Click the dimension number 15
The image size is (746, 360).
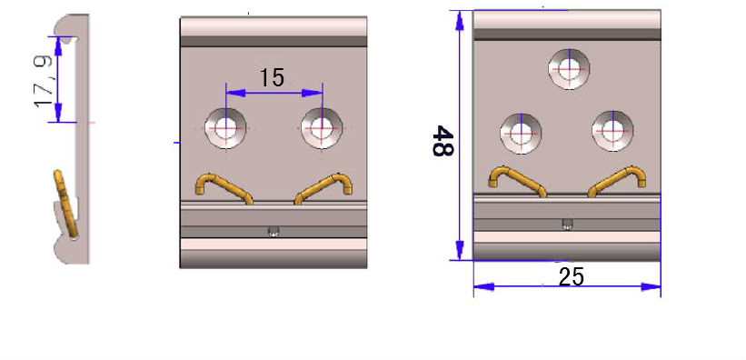pyautogui.click(x=272, y=77)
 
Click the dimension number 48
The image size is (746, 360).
pyautogui.click(x=443, y=141)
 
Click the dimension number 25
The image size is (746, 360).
pyautogui.click(x=572, y=277)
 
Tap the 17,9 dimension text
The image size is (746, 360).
pyautogui.click(x=44, y=82)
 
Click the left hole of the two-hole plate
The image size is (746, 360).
pyautogui.click(x=225, y=128)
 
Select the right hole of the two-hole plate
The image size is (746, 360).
pyautogui.click(x=322, y=128)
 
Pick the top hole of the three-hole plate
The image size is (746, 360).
pyautogui.click(x=569, y=69)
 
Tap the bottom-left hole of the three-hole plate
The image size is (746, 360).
pyautogui.click(x=521, y=134)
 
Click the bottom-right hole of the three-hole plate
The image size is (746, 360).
pyautogui.click(x=612, y=131)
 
